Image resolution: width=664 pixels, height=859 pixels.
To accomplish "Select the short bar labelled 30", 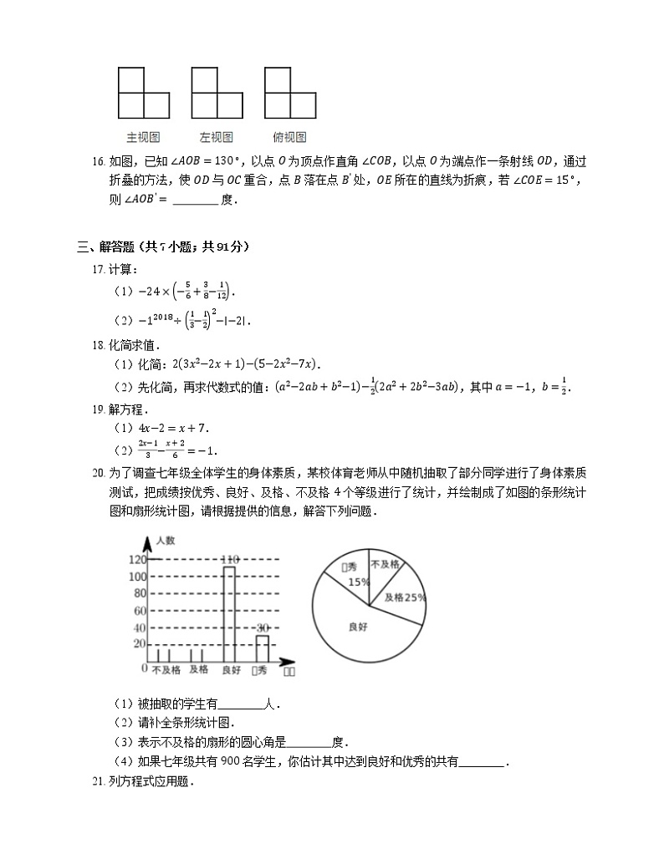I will (263, 649).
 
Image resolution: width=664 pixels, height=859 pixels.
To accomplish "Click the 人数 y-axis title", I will (165, 541).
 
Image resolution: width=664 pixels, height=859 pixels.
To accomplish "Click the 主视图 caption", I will (143, 137).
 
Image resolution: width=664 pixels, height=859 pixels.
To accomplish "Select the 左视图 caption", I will (216, 137).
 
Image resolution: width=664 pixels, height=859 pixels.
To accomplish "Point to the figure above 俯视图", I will (289, 93).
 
